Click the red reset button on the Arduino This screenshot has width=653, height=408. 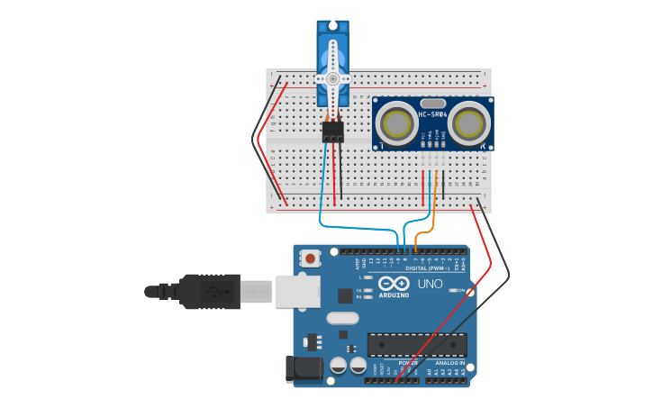coord(311,258)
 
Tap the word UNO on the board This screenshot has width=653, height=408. coord(430,284)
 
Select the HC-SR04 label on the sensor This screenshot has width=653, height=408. coord(432,114)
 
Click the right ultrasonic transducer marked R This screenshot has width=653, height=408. coord(469,122)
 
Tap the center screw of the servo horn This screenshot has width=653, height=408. coord(332,78)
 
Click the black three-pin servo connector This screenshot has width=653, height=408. coord(333,131)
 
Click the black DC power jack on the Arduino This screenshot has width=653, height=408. coord(304,368)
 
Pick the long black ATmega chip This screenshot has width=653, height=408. coord(417,344)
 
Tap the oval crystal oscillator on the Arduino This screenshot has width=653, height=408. coord(342,317)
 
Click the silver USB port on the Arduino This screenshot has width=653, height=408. coord(297,291)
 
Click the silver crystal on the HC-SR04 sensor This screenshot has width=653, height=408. coord(432,104)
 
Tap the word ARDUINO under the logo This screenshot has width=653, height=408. coord(394,295)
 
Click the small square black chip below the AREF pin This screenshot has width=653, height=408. coord(345,295)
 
